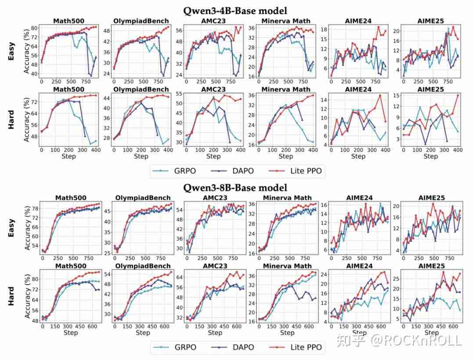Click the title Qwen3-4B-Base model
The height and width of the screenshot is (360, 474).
tap(237, 11)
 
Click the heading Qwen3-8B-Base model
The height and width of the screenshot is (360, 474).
tap(237, 187)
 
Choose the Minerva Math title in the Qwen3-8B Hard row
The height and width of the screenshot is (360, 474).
tap(287, 266)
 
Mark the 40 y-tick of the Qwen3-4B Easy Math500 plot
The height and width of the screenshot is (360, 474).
tap(34, 73)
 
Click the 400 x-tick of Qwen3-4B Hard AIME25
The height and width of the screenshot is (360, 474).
tap(458, 150)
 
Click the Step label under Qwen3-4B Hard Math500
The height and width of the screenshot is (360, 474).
tap(69, 156)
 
